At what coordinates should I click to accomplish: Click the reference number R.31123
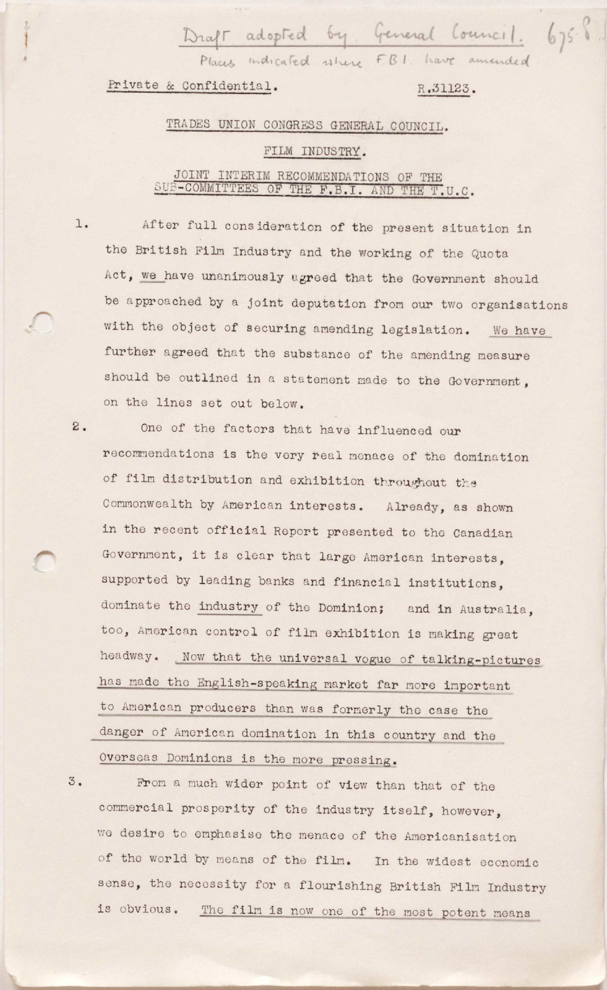click(x=446, y=88)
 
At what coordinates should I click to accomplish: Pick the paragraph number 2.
click(x=77, y=426)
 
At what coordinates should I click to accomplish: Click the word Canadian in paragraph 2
click(x=483, y=532)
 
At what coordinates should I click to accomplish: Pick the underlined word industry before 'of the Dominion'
click(x=228, y=607)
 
